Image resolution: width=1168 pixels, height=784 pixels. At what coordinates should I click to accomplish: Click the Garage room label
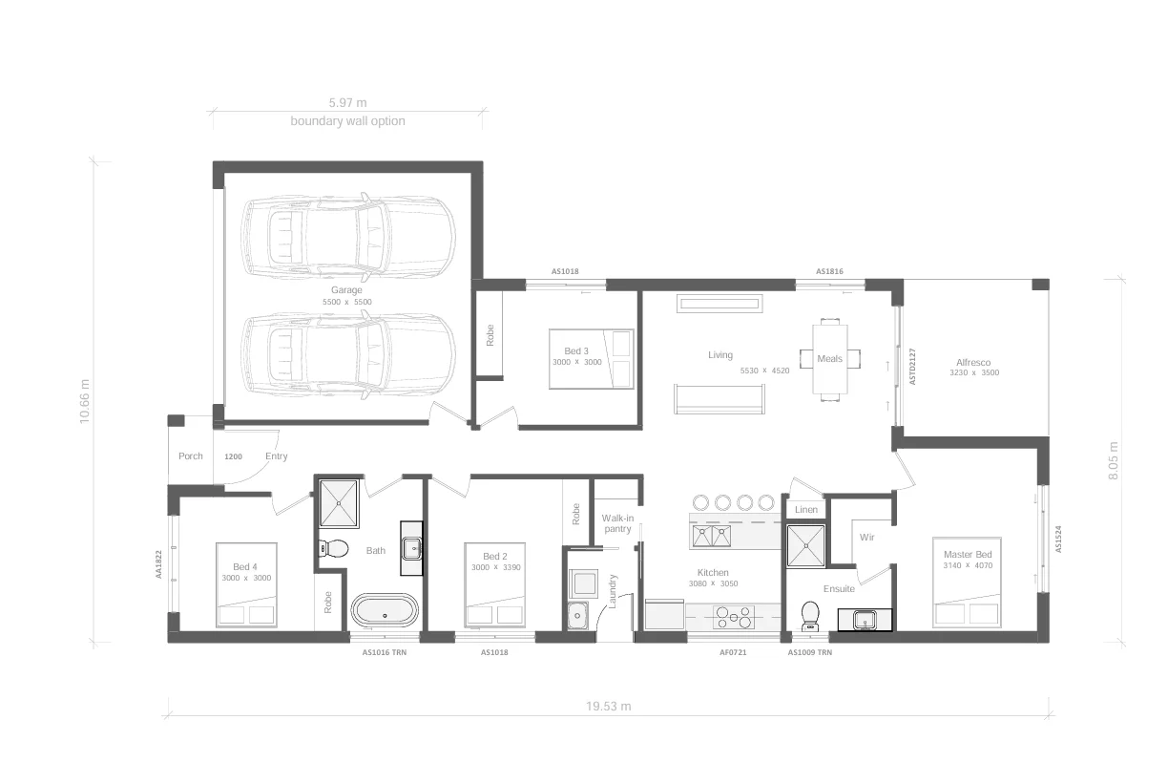(x=346, y=289)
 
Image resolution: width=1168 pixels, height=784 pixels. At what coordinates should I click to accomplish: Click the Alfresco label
(x=973, y=363)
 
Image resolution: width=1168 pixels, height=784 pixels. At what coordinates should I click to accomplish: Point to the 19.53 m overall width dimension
(x=608, y=707)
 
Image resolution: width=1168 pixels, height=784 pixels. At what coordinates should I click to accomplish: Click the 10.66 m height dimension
(x=85, y=402)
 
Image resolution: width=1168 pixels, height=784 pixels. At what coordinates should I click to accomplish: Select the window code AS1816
(x=829, y=272)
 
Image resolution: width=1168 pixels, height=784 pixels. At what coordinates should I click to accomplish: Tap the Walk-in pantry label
(x=617, y=523)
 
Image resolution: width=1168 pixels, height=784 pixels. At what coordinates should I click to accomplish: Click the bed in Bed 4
(x=246, y=585)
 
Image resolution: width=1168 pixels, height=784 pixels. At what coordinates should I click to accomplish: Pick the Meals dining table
(x=829, y=359)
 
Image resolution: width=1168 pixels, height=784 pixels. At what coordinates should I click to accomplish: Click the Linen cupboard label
(x=805, y=510)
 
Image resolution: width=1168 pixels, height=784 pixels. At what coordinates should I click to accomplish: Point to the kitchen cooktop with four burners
(x=733, y=617)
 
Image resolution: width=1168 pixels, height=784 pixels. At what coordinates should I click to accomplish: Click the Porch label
(x=191, y=456)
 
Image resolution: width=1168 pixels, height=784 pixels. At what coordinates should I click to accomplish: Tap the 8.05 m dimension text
(x=1113, y=460)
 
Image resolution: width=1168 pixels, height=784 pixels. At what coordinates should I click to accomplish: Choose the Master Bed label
(x=968, y=555)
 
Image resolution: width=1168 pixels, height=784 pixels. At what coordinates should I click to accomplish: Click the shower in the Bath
(x=338, y=503)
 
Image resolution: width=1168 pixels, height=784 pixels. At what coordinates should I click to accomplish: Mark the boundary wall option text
(x=347, y=121)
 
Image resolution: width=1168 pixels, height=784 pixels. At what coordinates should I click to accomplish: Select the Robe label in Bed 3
(x=490, y=335)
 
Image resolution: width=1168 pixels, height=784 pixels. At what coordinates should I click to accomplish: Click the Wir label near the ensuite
(x=866, y=538)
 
